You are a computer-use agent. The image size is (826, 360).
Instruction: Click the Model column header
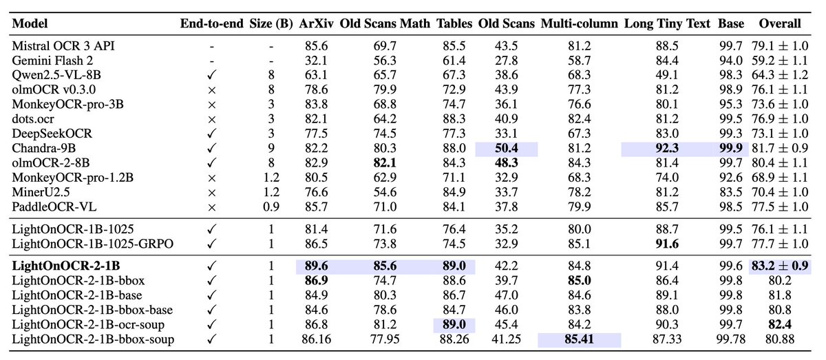tap(28, 23)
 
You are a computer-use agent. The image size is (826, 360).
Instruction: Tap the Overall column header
tap(779, 23)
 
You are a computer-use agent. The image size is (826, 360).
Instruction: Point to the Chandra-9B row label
tap(45, 148)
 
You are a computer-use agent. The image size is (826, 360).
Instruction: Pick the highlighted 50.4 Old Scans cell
tap(506, 148)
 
